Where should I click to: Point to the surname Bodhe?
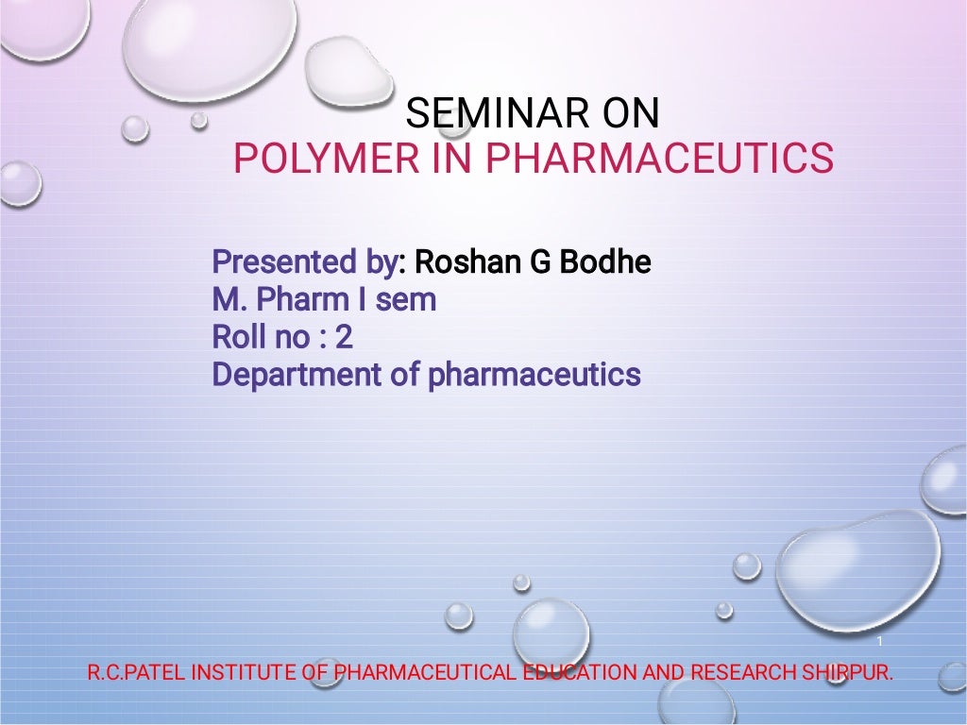(x=605, y=261)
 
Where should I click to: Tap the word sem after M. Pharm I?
(x=407, y=300)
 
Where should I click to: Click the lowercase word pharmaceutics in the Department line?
(x=534, y=375)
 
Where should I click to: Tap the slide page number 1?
(x=879, y=643)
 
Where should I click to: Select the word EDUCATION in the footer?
(x=580, y=673)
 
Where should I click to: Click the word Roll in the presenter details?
(x=233, y=337)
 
